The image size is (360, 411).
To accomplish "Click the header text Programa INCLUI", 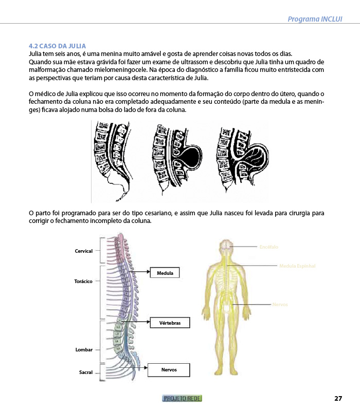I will tap(315, 19).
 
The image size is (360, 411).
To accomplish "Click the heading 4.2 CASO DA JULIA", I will tap(57, 46).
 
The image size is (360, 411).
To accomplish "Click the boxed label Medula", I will tap(165, 273).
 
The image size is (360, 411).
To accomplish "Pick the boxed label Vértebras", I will tap(170, 323).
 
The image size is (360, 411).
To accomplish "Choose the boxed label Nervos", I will tap(169, 370).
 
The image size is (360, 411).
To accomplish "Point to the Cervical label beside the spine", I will tap(83, 251).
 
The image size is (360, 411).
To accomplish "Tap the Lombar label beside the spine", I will tap(84, 350).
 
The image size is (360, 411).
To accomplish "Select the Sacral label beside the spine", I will tap(85, 372).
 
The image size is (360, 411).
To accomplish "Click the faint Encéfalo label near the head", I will tap(268, 247).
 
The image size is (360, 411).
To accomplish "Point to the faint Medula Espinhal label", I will tap(297, 266).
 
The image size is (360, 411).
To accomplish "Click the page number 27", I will tap(338, 398).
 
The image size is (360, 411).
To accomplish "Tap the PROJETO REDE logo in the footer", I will tap(182, 398).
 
